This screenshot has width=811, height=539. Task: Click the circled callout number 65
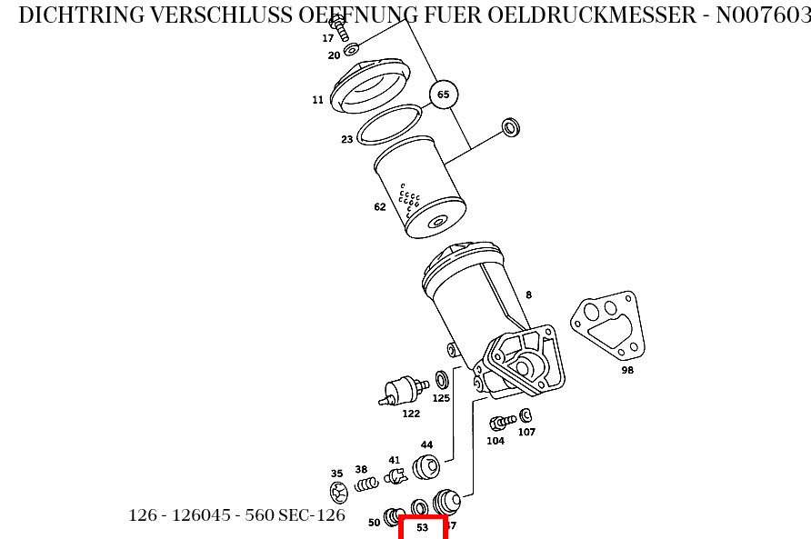tap(443, 95)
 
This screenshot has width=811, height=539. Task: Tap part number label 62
tap(380, 207)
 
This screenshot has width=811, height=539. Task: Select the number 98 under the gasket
tap(627, 370)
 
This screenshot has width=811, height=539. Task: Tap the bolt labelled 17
tap(343, 31)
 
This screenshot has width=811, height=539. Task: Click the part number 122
tap(411, 414)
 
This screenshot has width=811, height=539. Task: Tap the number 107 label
tap(526, 432)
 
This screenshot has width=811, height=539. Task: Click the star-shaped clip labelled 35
tap(339, 493)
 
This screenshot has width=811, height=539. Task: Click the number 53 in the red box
tap(422, 527)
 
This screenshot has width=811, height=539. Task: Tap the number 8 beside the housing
tap(528, 294)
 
